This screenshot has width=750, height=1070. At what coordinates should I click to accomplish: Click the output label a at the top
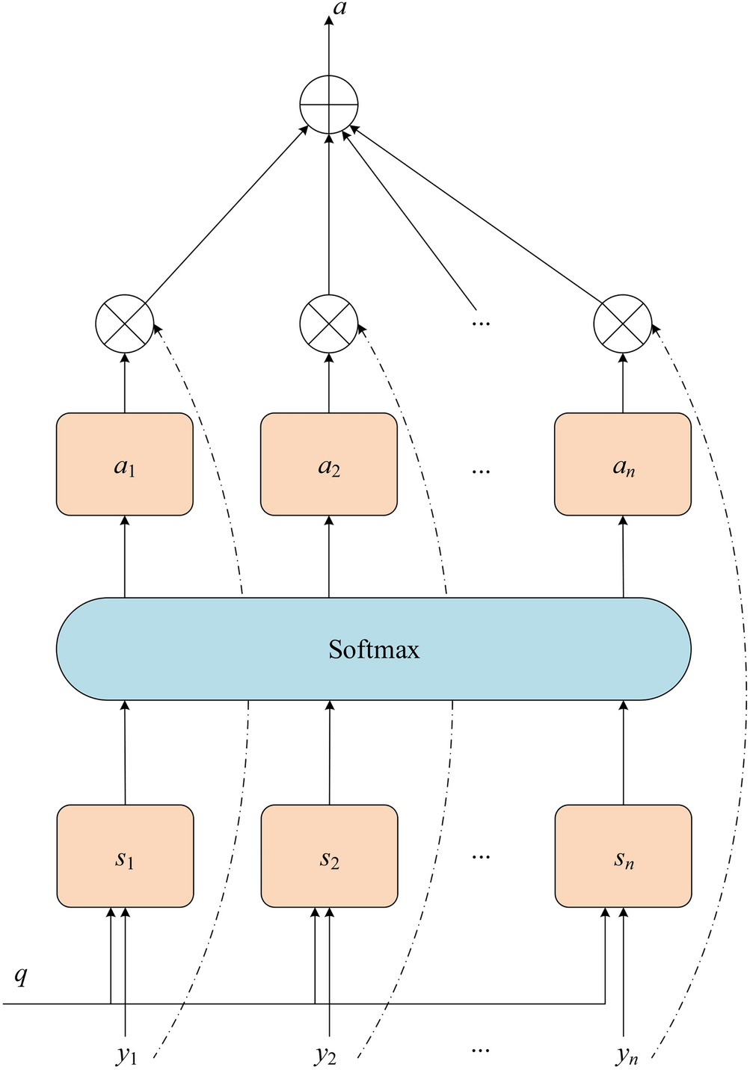tap(338, 10)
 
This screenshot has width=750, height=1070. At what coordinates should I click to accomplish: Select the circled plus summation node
tap(329, 105)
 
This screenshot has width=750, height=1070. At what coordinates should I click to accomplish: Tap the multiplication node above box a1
tap(125, 324)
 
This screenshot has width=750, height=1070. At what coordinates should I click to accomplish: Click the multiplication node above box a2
tap(329, 324)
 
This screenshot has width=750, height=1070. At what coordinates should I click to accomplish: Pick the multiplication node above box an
tap(622, 324)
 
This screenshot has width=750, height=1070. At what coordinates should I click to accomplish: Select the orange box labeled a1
tap(125, 465)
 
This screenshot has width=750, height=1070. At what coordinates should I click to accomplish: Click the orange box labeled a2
tap(329, 465)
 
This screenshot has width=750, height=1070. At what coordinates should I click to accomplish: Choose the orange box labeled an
tap(622, 465)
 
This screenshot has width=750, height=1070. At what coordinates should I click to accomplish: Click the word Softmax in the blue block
tap(374, 649)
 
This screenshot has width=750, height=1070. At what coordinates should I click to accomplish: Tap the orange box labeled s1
tap(125, 856)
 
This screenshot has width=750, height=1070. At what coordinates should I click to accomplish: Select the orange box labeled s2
tap(329, 856)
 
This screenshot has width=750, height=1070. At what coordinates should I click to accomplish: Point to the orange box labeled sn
tap(622, 856)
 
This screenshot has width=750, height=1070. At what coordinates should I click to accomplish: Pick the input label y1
tap(126, 1055)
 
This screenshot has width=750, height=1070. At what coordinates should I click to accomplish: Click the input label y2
tap(325, 1055)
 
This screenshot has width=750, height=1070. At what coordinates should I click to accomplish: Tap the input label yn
tap(627, 1055)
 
